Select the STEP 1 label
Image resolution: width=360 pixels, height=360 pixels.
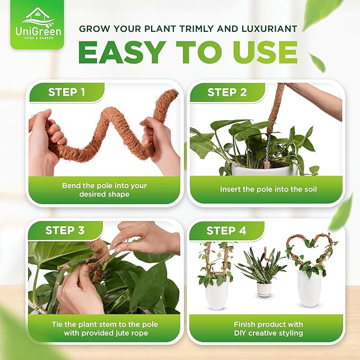click(66, 92)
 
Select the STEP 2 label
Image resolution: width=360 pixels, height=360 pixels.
click(227, 92)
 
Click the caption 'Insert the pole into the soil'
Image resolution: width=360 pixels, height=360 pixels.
click(268, 189)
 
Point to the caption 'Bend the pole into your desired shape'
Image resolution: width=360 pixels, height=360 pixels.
click(104, 190)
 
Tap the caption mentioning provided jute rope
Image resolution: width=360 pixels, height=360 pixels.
click(104, 328)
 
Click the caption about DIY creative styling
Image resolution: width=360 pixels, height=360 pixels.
click(268, 328)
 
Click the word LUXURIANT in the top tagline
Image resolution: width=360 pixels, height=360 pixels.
click(267, 28)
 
